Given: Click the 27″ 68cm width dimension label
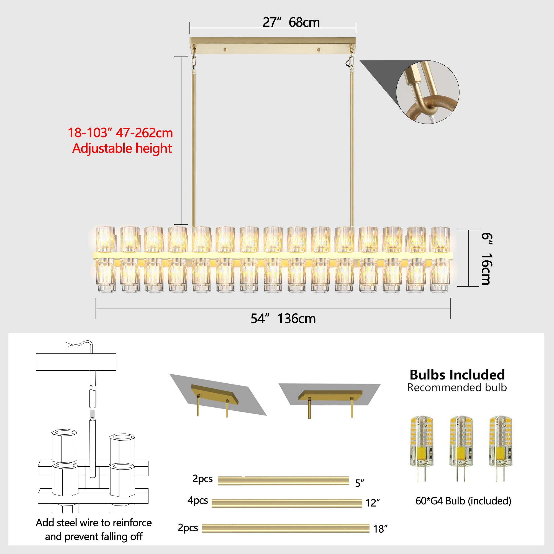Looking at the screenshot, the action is [291, 22].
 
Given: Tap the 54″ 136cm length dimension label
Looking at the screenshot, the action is [283, 319].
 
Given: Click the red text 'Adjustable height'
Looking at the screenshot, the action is [122, 148].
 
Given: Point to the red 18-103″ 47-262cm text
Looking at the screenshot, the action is [120, 133].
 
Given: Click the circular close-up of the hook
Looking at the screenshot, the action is [427, 92].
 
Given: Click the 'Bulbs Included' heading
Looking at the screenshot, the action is [457, 375].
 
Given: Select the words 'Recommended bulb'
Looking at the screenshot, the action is [457, 388].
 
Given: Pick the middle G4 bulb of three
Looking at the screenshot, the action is [461, 449].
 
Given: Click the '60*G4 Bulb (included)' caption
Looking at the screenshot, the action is [463, 501].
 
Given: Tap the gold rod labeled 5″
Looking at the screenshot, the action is [283, 481].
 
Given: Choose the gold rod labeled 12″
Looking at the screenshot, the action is [287, 503].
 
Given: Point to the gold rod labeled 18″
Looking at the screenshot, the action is [286, 528].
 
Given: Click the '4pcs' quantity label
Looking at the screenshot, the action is [198, 500].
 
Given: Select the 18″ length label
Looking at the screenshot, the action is [381, 529].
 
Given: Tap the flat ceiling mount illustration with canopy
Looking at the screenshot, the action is [330, 400].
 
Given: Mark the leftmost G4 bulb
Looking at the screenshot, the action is [422, 449].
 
